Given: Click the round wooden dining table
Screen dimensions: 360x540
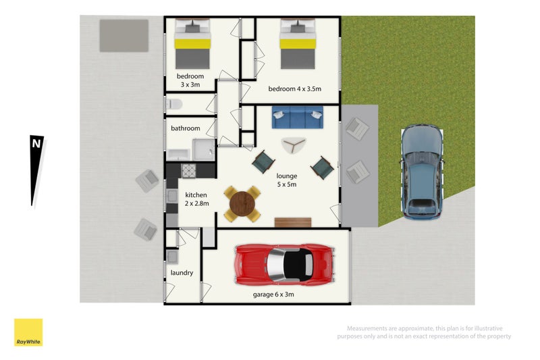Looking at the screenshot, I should pos(243,203).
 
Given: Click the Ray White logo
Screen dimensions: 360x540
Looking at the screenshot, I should pos(28,333).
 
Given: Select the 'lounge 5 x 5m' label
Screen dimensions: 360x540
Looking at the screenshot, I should pos(286,180).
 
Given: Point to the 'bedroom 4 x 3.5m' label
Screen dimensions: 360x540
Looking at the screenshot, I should pos(294,89).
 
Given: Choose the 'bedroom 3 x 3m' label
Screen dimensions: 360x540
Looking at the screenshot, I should pos(190,80).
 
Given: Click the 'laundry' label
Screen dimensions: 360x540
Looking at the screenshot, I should pos(182,273).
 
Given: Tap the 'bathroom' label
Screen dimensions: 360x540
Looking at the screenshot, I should pos(185,128).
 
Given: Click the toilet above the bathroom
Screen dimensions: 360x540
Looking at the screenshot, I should pos(175,105).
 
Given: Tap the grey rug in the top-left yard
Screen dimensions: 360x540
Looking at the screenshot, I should pos(124,35).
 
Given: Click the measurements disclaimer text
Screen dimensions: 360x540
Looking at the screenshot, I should pos(425,332).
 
